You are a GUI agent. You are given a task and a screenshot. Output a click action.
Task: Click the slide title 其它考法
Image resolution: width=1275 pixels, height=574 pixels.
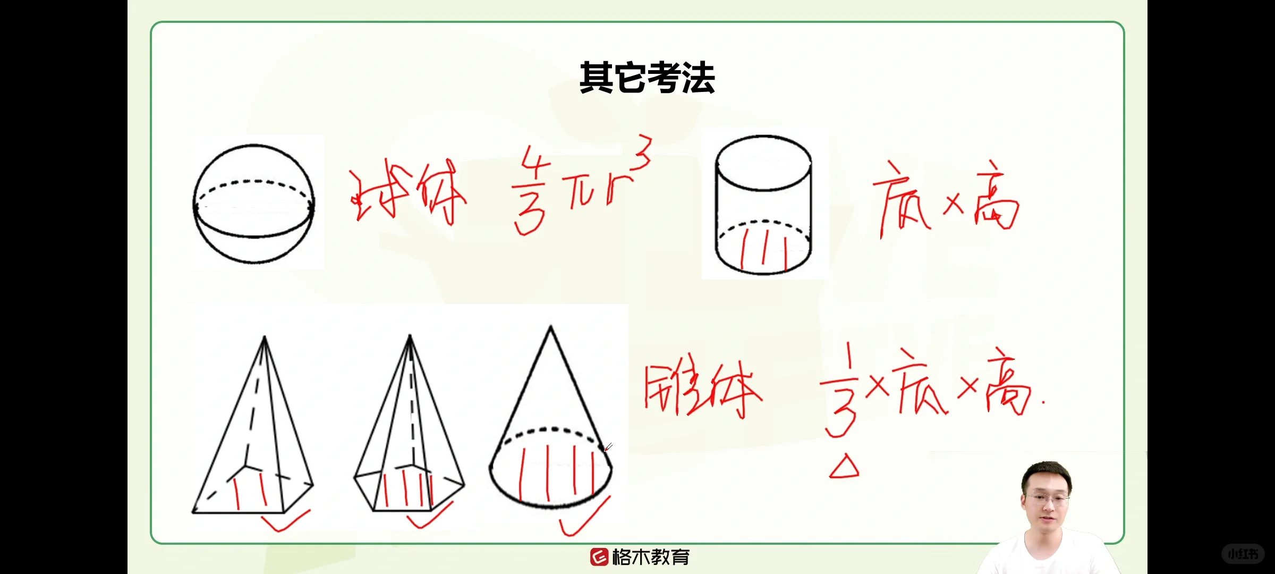pyautogui.click(x=647, y=78)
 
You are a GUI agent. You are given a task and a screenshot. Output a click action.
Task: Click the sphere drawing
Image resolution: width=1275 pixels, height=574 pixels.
pyautogui.click(x=253, y=204)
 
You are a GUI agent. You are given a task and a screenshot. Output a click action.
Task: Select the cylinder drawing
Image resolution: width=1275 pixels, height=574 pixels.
pyautogui.click(x=763, y=205)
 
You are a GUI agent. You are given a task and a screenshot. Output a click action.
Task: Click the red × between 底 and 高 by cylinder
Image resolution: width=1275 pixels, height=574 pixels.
pyautogui.click(x=953, y=205)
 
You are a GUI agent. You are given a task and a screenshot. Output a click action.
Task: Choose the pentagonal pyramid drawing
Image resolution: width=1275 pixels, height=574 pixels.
pyautogui.click(x=409, y=430)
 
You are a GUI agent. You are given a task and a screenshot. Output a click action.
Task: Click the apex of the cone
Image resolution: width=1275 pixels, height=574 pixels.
pyautogui.click(x=550, y=327)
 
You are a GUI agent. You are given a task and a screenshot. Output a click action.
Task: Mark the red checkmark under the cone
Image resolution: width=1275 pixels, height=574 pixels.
pyautogui.click(x=584, y=518)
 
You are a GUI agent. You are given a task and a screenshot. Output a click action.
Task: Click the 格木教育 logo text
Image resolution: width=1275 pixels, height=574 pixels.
pyautogui.click(x=650, y=557)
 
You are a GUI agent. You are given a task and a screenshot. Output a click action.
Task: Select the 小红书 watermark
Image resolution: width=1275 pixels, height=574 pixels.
pyautogui.click(x=1243, y=554)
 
